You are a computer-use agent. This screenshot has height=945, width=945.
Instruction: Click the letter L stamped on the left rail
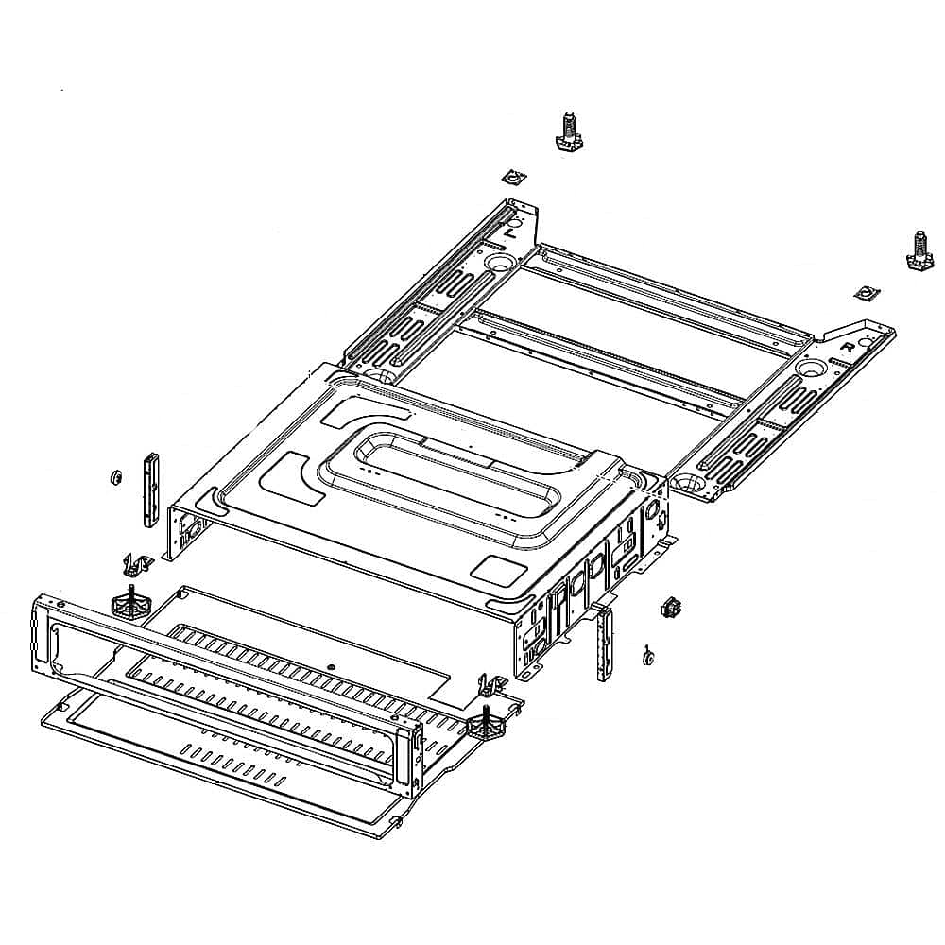(510, 230)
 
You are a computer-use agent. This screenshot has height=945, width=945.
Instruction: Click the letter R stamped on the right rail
(848, 347)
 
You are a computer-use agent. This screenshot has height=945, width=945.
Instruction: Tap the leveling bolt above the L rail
(567, 131)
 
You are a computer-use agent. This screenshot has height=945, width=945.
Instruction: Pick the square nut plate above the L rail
(511, 177)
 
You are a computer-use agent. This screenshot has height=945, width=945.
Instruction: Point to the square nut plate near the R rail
(862, 293)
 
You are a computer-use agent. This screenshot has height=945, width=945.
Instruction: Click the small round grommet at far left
(114, 475)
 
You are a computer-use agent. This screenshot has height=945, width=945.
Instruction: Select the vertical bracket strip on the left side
(148, 489)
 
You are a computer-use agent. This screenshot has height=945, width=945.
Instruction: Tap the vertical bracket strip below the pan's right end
(603, 644)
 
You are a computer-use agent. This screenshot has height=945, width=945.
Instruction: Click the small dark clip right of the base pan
(672, 607)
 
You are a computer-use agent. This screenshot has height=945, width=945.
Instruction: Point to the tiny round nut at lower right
(647, 656)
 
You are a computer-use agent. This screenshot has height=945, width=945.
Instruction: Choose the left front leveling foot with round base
(129, 602)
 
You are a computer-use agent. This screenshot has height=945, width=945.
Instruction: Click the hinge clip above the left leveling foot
(138, 565)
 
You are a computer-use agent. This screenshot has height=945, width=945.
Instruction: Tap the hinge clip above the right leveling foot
(490, 684)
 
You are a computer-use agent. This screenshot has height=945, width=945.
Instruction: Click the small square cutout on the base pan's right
(492, 568)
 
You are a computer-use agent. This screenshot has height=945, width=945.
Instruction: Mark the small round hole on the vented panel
(331, 667)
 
